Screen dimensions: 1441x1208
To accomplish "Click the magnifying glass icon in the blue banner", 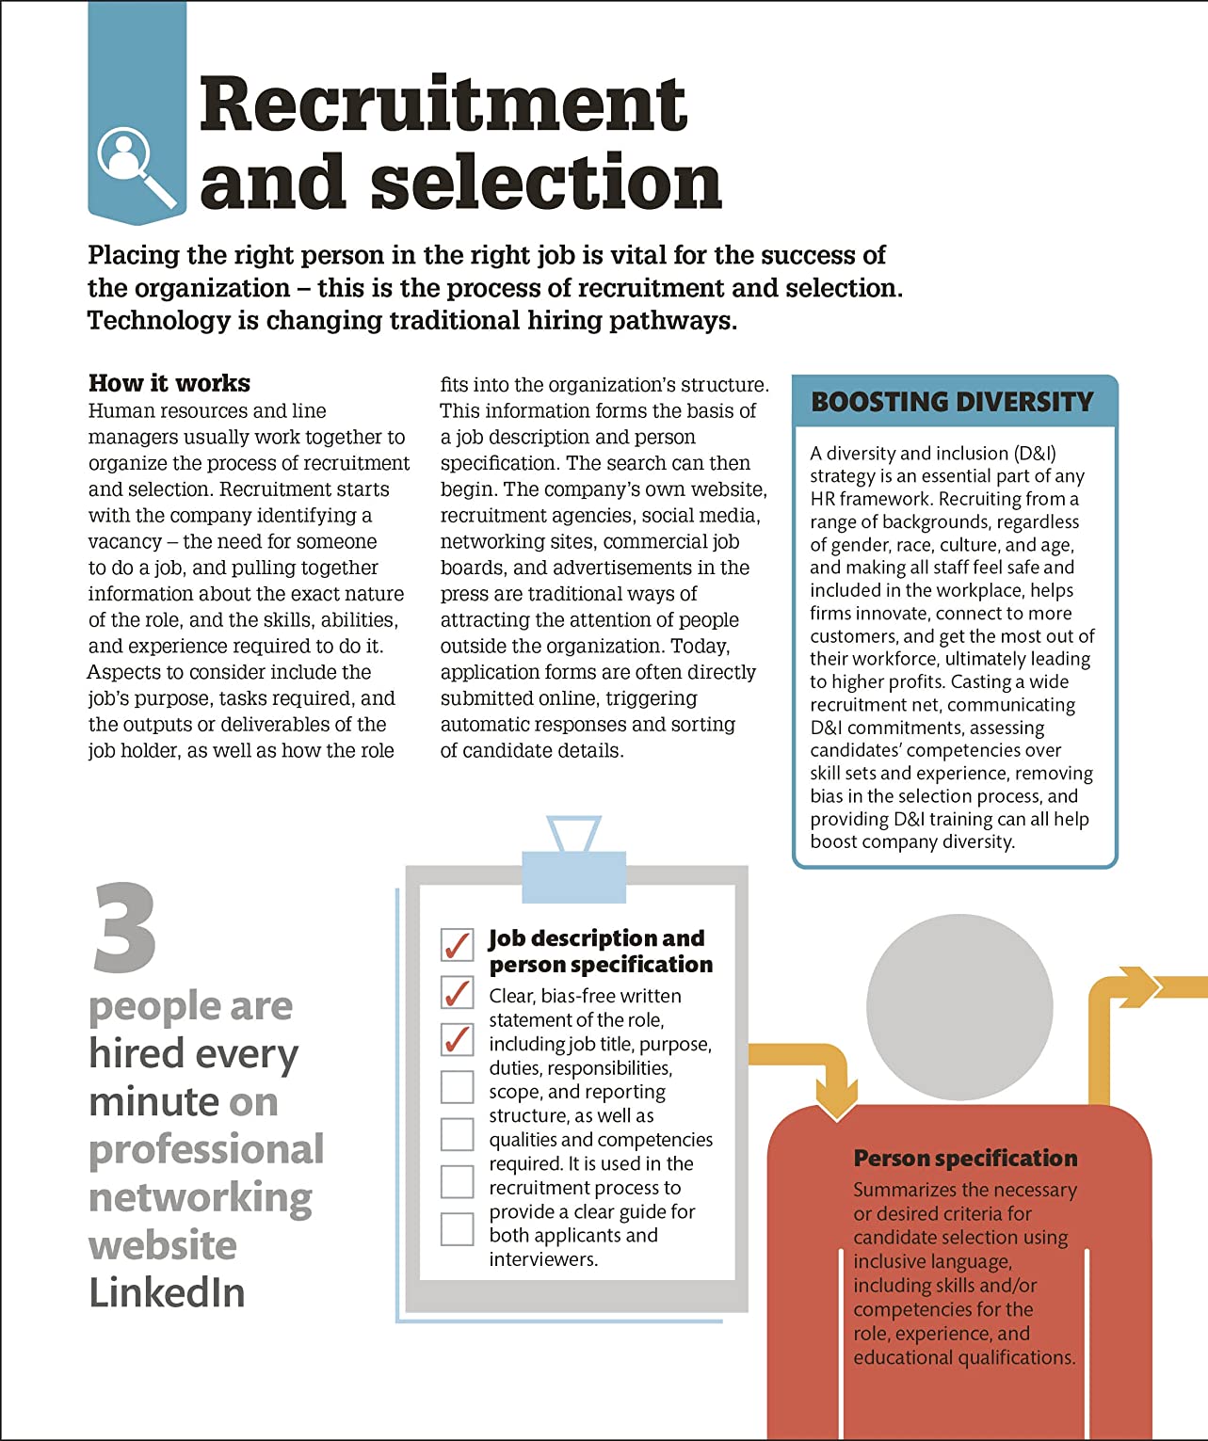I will coord(134,166).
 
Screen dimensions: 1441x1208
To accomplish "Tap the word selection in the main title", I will coord(546,183).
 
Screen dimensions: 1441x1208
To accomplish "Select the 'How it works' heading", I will coord(169,383).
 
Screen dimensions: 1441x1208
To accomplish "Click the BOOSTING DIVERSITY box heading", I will coord(952,402).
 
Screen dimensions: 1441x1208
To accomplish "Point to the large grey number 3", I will coord(124,928).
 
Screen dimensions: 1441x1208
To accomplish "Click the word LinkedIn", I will coord(167,1292).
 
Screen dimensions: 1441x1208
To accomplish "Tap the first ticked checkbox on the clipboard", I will coord(457,944).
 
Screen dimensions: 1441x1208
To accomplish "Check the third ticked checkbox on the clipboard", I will coord(457,1039).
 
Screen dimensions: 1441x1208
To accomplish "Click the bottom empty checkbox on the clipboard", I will coord(457,1229).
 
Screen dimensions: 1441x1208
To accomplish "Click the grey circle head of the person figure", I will coord(958,1007).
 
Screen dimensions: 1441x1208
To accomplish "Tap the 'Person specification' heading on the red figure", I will coord(965,1158).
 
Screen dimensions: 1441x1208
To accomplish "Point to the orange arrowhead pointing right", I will coord(1141,986).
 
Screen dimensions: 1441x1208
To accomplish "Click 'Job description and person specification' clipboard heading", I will coord(599,952).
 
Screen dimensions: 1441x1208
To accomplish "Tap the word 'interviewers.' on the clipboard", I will coord(543,1259).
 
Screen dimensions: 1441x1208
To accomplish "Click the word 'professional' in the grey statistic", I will coord(206,1149).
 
